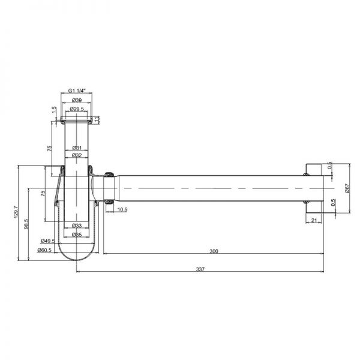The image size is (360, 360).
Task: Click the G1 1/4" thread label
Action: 77,91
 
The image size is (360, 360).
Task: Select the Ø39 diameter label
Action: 77,100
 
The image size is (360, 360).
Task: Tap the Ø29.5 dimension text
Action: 77,109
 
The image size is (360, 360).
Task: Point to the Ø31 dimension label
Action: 77,148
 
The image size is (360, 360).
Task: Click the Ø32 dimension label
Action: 77,155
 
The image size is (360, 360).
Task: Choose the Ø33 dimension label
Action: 77,226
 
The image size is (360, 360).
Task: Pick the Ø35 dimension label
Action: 77,235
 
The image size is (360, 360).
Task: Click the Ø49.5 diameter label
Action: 48,241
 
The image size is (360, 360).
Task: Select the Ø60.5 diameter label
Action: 44,250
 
